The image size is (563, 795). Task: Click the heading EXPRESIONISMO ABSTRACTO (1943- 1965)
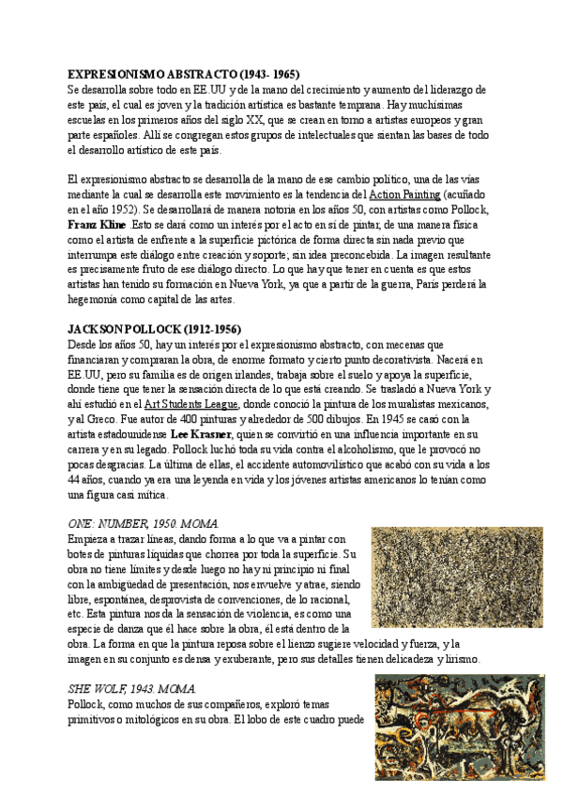tap(184, 74)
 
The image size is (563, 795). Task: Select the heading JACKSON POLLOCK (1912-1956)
tap(155, 329)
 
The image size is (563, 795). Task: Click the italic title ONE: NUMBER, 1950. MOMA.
tap(144, 522)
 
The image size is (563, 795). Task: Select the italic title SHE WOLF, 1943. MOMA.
tap(132, 688)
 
